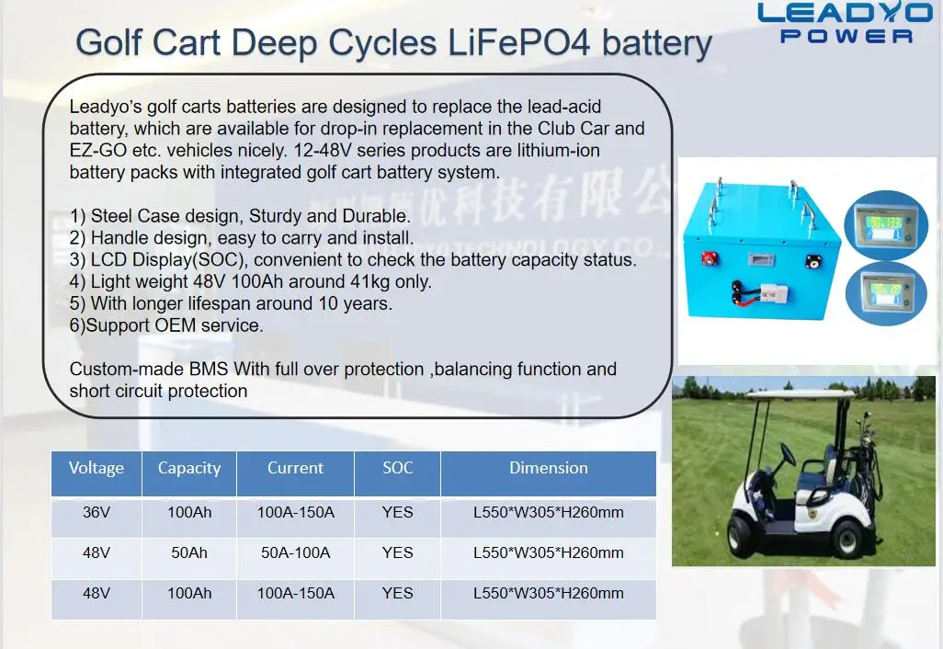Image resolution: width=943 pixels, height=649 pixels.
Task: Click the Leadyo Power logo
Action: (x=845, y=23)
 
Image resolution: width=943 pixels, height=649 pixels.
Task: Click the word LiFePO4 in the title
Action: (x=519, y=43)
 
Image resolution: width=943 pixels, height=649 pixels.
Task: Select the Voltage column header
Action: (x=97, y=468)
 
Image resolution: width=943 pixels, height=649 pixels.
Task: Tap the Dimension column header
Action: (x=549, y=468)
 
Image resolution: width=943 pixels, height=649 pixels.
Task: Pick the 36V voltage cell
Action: (x=97, y=512)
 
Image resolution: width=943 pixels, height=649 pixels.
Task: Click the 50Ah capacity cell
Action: (x=188, y=552)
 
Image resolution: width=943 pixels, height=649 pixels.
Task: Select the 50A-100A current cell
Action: (x=295, y=552)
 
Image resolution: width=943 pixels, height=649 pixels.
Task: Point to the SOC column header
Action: (x=398, y=468)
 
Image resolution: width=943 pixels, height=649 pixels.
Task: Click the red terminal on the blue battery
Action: (x=708, y=258)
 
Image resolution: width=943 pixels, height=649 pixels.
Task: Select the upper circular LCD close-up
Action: (x=886, y=225)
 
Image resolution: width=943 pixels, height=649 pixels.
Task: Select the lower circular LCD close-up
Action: (x=886, y=293)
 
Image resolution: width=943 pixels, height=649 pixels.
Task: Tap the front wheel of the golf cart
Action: (x=744, y=538)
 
